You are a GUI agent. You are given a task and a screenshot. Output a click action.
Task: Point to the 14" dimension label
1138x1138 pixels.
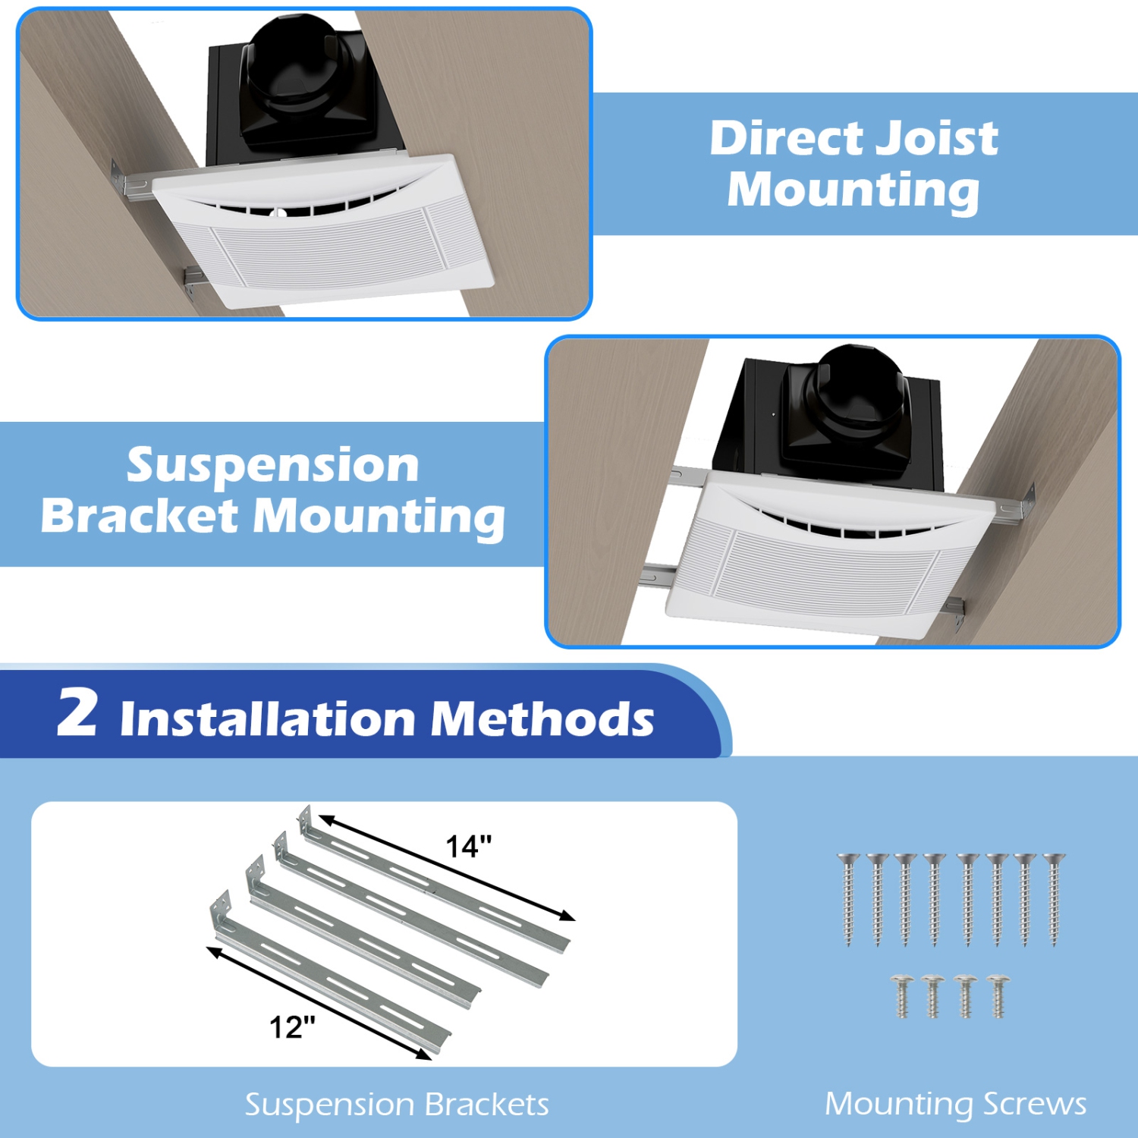coord(468,846)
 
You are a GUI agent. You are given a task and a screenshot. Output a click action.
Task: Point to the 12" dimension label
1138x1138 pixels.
coord(292,1027)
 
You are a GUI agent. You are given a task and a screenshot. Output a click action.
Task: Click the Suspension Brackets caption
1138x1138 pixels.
coord(396,1105)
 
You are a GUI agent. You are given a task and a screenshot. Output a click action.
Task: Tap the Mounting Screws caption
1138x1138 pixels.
coord(955,1105)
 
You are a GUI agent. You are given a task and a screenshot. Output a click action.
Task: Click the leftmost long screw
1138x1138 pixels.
coord(848,899)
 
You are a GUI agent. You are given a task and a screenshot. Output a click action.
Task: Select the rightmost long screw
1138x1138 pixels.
coord(1053,899)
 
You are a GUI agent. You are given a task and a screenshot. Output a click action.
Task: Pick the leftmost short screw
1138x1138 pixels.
coord(902,996)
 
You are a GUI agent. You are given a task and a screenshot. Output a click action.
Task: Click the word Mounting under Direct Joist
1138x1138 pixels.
coord(853,190)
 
